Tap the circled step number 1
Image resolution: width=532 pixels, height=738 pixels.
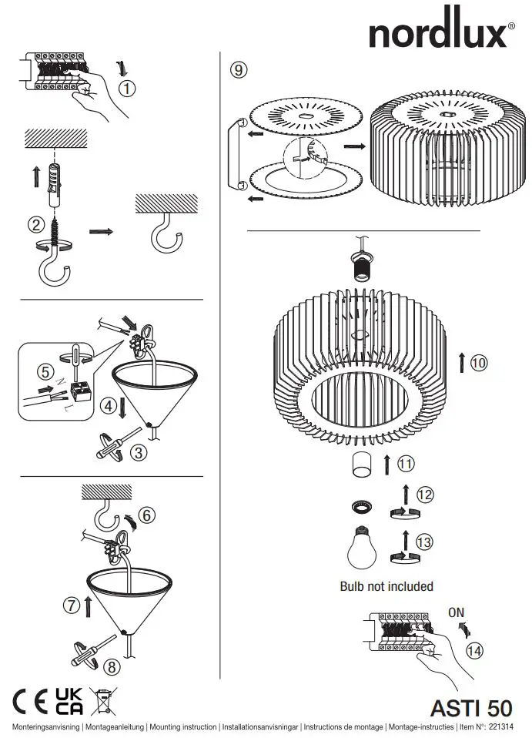(x=128, y=89)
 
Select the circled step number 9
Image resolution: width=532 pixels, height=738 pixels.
(x=239, y=70)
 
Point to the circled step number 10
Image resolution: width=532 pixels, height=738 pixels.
(x=479, y=363)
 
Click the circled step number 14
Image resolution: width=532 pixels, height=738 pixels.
(x=475, y=651)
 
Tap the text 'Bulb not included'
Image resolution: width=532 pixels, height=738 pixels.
(x=386, y=586)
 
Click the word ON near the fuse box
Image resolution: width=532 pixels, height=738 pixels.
(x=457, y=612)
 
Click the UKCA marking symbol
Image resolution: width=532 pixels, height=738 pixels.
(x=69, y=701)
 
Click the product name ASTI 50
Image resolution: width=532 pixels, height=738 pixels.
(x=470, y=707)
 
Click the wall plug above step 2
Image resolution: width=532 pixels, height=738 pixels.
(x=55, y=185)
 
